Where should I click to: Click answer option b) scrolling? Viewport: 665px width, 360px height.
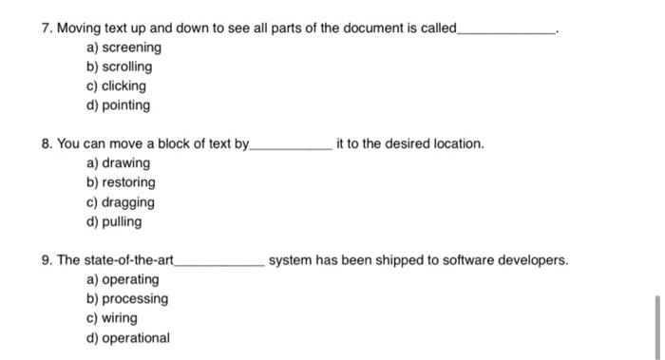(119, 66)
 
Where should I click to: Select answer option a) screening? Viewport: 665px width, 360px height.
(123, 47)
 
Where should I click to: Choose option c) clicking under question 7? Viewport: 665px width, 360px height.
(116, 85)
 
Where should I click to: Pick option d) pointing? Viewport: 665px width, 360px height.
(118, 105)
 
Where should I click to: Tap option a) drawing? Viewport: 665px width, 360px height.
(118, 163)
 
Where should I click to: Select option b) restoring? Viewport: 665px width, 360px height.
(121, 182)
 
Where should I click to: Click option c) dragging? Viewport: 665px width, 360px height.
(120, 202)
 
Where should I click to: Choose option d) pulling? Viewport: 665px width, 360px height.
(114, 221)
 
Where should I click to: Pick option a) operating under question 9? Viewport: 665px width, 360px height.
(123, 279)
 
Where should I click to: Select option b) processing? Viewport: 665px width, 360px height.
(127, 298)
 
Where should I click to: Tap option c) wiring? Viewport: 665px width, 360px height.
(112, 318)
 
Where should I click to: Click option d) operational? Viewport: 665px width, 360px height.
(128, 337)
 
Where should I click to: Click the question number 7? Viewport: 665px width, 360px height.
(47, 28)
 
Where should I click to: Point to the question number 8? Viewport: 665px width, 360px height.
(47, 143)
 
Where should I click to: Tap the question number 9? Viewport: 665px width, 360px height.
(47, 259)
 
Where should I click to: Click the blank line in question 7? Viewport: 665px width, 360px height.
(506, 31)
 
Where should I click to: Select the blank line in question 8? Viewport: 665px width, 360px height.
(290, 147)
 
